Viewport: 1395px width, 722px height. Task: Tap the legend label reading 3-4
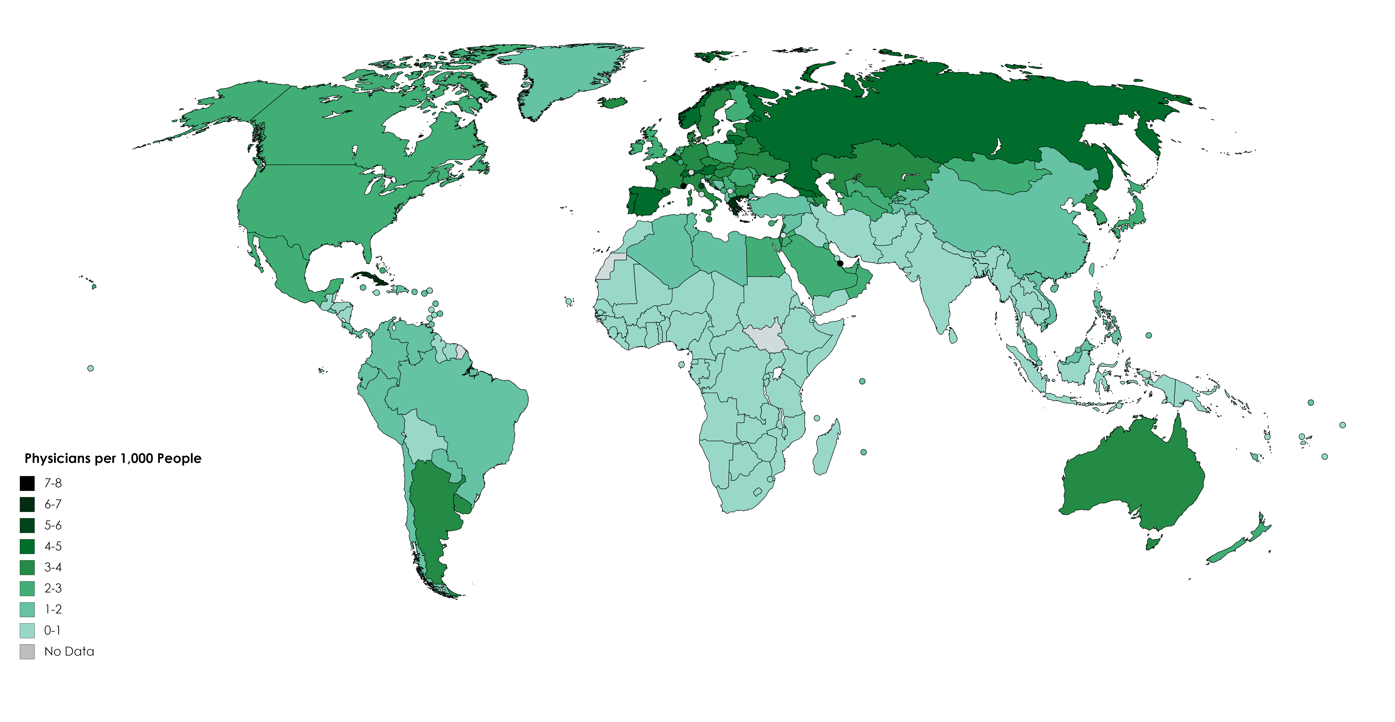53,567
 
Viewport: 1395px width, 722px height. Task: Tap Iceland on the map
613,102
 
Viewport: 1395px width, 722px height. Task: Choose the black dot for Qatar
840,263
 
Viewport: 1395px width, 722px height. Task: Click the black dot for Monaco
683,186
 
